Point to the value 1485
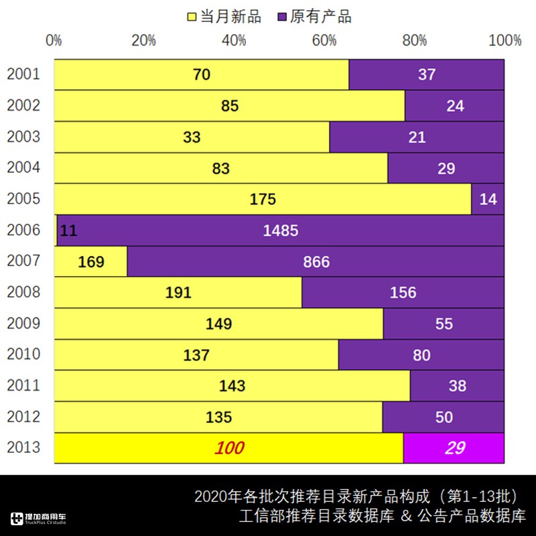pos(281,230)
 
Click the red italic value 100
pos(229,448)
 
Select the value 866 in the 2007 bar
pos(316,261)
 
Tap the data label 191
pos(178,293)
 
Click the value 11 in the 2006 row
pos(68,230)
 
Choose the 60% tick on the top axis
pos(324,40)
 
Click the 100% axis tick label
pos(505,40)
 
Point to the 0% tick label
pos(54,40)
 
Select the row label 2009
pos(23,324)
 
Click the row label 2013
pos(23,448)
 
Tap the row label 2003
pos(23,137)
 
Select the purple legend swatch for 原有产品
pos(281,17)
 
